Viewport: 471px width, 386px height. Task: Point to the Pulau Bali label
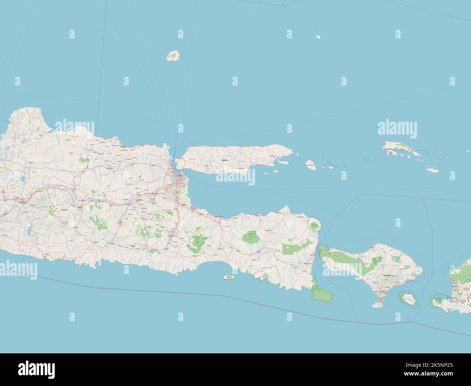tap(386, 276)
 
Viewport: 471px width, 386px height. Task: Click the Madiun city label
tap(81, 207)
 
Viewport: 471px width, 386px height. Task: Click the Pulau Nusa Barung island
tap(229, 277)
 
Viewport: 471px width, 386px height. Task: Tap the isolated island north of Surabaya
tap(173, 56)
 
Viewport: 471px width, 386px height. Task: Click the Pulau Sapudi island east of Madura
tap(310, 165)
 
